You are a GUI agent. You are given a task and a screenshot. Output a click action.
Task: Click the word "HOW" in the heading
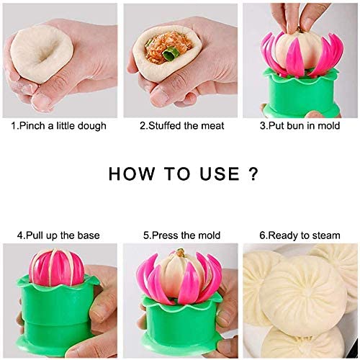(x=132, y=174)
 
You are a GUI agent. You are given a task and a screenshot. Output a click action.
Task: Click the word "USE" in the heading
(x=220, y=174)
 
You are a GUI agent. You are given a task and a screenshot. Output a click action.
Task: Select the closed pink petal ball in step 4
(x=56, y=268)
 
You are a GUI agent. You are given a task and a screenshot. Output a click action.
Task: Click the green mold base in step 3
(x=301, y=94)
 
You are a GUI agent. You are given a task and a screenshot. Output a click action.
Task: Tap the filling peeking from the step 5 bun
(x=180, y=253)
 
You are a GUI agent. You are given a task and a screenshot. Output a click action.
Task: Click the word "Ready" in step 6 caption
(x=282, y=236)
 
